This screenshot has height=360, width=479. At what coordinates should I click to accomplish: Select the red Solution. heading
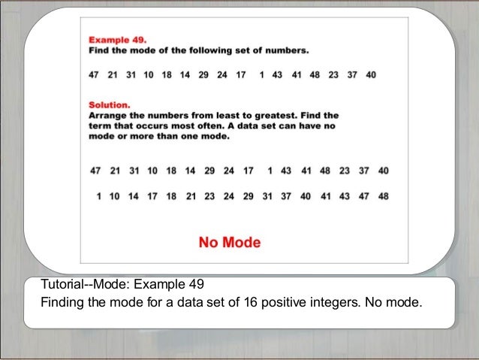click(x=110, y=106)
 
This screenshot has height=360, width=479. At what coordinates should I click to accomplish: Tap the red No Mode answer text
click(x=229, y=243)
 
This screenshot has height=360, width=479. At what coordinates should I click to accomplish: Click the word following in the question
click(x=206, y=51)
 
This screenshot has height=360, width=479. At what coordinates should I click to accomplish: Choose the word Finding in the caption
click(x=61, y=304)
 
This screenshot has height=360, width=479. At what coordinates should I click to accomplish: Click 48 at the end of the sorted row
click(x=384, y=197)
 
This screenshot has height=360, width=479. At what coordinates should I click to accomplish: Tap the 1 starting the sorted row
click(x=98, y=197)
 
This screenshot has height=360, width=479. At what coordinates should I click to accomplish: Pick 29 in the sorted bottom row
click(x=248, y=197)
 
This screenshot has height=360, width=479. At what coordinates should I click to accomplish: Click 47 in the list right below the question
click(x=93, y=76)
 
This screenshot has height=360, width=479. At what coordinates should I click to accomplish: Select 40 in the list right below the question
click(x=371, y=76)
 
